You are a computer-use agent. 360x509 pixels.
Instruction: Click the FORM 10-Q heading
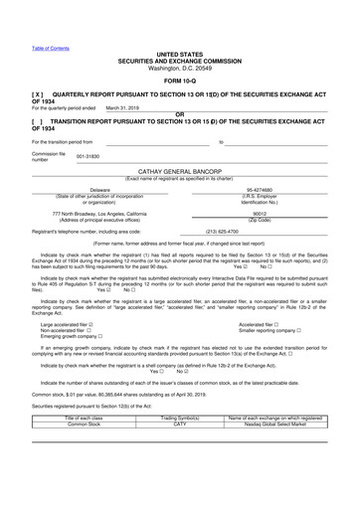pos(179,79)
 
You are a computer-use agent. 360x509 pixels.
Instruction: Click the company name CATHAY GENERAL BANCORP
pos(180,172)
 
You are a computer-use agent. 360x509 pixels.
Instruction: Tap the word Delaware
pos(100,189)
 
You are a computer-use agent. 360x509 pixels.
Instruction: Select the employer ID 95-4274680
pos(259,189)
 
